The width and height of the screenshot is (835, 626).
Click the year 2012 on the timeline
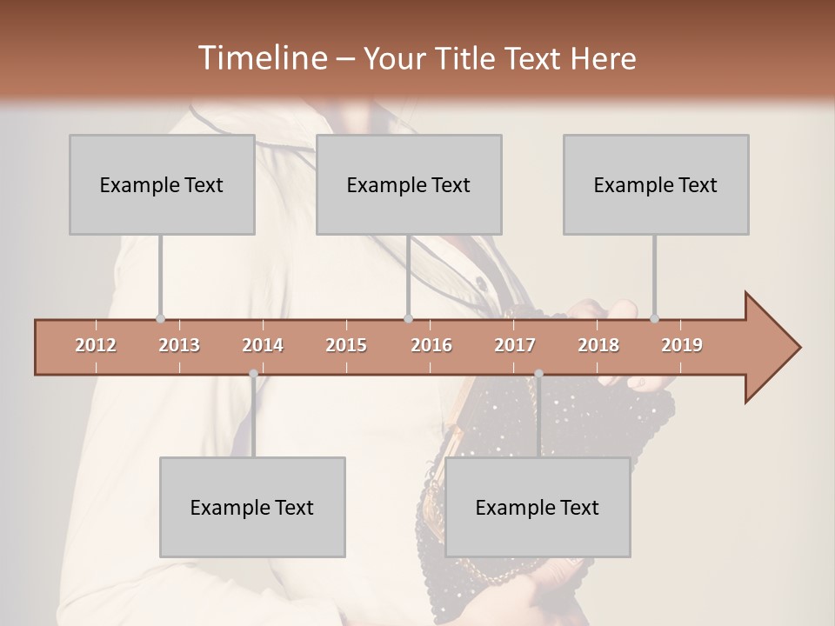[x=96, y=345]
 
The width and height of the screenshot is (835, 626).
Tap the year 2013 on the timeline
[x=179, y=345]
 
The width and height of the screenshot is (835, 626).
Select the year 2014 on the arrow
[x=263, y=345]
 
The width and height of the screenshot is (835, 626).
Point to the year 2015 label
[x=346, y=345]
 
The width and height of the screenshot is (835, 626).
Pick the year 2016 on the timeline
[x=431, y=345]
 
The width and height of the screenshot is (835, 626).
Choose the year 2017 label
[x=515, y=345]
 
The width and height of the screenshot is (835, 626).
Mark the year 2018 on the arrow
[x=598, y=345]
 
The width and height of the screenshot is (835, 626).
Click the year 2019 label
[x=682, y=345]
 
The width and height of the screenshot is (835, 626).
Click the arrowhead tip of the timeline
[x=798, y=348]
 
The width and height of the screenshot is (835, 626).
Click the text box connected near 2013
[x=162, y=184]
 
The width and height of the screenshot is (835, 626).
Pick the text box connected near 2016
[x=409, y=184]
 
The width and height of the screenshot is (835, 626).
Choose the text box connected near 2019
[x=656, y=184]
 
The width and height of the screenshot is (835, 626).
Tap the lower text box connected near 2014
[x=252, y=507]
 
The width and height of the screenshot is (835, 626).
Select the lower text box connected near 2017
[x=538, y=507]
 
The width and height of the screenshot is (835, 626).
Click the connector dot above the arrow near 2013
[x=160, y=319]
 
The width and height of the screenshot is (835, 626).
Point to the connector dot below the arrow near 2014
[x=253, y=374]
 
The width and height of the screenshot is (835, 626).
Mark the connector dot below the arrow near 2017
[x=538, y=374]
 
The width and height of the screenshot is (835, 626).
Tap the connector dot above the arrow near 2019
[x=654, y=319]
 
